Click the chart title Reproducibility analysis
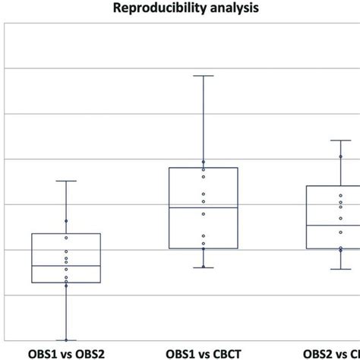point(180,9)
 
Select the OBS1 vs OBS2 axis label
point(66,353)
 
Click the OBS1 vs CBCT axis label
point(203,353)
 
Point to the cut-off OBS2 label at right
point(331,353)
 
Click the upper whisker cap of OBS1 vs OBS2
point(66,181)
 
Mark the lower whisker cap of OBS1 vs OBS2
point(66,340)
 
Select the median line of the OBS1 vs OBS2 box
point(66,266)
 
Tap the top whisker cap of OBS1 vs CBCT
point(203,76)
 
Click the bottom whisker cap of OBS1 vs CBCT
point(203,267)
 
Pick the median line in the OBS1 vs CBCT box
point(203,207)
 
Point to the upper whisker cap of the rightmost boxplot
point(340,140)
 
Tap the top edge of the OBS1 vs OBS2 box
point(66,234)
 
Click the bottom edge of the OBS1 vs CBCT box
point(203,248)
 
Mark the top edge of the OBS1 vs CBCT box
point(203,168)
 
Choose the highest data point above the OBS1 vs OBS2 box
point(66,221)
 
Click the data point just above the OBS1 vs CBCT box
point(203,162)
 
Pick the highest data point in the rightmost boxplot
point(340,156)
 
